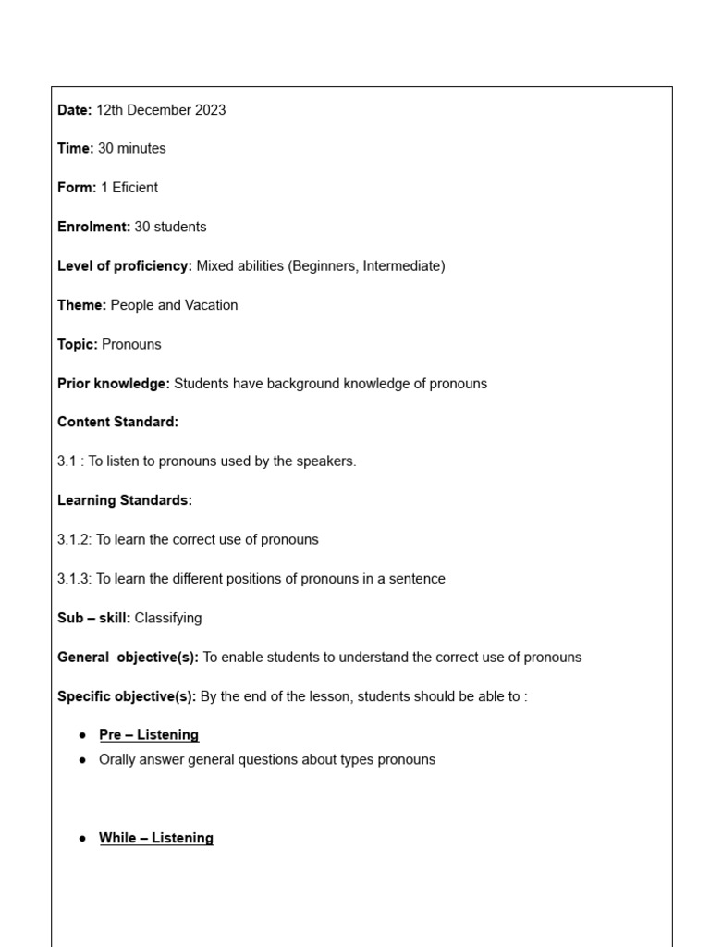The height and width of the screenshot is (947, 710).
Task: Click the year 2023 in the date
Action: [210, 110]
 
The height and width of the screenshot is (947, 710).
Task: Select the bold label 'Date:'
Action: [74, 110]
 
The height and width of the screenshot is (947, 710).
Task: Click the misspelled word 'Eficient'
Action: [135, 188]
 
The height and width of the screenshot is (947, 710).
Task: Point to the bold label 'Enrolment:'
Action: [93, 228]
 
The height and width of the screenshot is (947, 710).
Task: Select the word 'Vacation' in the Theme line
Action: [211, 305]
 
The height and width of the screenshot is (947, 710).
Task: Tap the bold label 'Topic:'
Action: [77, 345]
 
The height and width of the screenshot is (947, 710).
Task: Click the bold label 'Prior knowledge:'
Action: [114, 384]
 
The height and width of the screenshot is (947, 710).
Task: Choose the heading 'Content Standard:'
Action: [117, 423]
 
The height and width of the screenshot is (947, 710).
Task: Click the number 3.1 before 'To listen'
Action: [67, 461]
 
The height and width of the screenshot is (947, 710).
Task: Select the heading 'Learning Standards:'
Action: [125, 500]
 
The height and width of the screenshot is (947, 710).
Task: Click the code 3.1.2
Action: [74, 540]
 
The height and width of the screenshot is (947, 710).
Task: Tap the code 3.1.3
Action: [74, 579]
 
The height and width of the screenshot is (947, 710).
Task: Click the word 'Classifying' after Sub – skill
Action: [168, 618]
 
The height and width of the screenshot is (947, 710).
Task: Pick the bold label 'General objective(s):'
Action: [128, 658]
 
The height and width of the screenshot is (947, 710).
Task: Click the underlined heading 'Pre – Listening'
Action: [149, 735]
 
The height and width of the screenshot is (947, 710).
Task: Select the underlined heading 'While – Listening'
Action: [156, 839]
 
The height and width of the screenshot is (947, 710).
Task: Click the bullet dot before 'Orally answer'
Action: [83, 760]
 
